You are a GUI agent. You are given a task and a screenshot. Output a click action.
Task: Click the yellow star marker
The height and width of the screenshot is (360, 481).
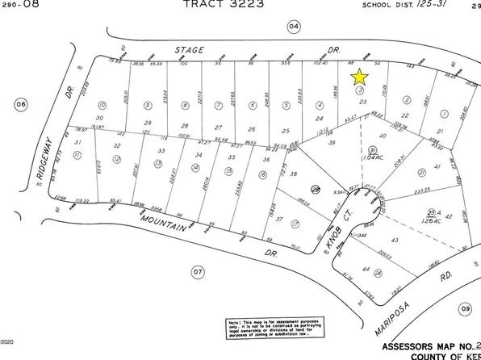360,77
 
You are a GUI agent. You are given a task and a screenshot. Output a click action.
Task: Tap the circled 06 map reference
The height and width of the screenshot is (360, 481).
21,103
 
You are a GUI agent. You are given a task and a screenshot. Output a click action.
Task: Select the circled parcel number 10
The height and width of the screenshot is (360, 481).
101,105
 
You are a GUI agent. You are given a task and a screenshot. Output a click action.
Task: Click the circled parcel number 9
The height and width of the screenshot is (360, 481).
148,105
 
